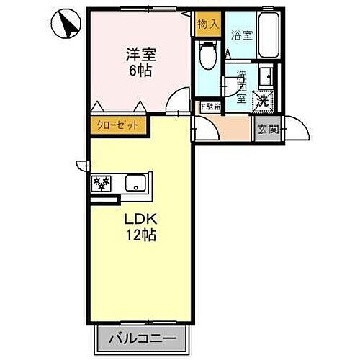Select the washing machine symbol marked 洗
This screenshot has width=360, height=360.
(x=264, y=101)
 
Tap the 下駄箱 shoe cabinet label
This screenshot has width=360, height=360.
(x=210, y=107)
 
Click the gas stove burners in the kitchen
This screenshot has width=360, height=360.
(x=101, y=184)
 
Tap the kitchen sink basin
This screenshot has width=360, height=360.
(x=135, y=183)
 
